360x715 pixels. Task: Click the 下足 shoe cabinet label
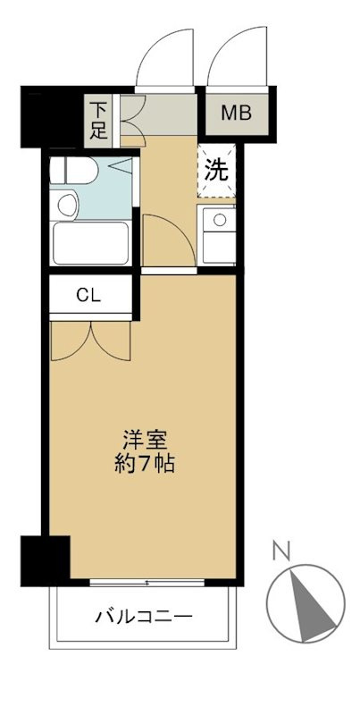coord(97,120)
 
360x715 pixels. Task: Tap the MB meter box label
coord(237,114)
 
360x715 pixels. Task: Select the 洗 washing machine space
coord(217,170)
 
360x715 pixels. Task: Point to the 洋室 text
coord(144,440)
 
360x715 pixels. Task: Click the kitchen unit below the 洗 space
coord(217,233)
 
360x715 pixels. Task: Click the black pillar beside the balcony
coord(45,558)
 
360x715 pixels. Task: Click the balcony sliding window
coord(147,583)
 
